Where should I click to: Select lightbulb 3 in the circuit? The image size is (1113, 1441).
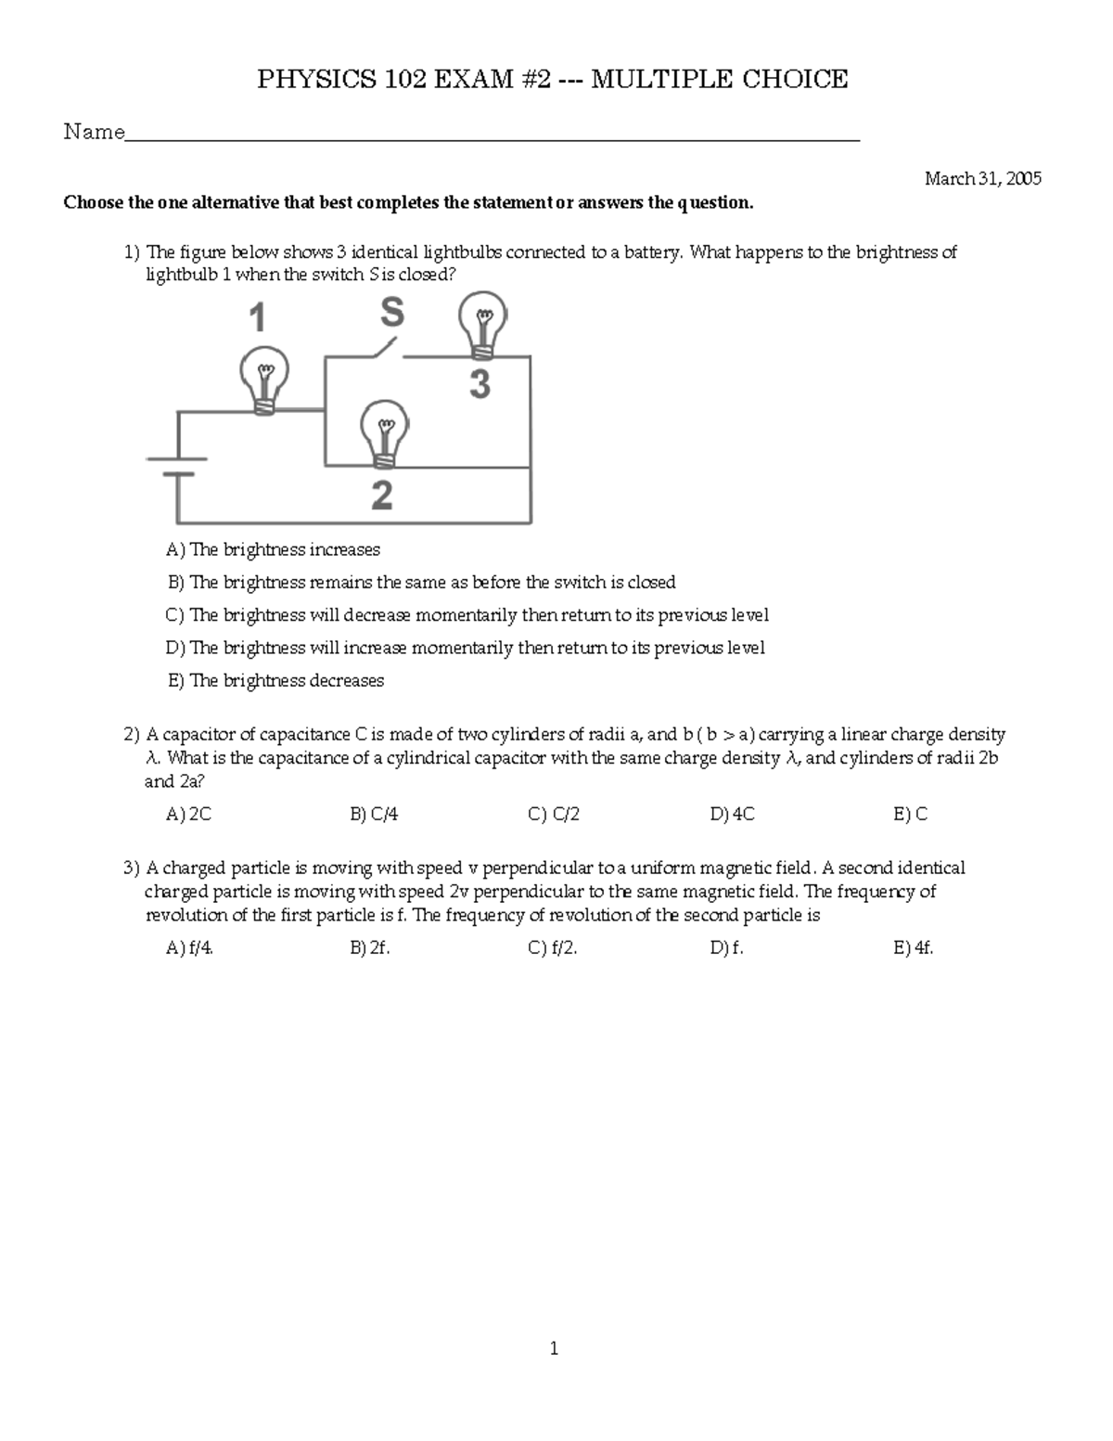click(482, 323)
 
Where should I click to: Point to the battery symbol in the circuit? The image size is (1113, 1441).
click(177, 466)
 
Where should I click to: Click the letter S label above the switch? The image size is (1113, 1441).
click(392, 314)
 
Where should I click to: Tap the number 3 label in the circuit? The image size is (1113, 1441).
click(480, 383)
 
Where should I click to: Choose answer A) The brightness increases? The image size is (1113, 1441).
click(273, 550)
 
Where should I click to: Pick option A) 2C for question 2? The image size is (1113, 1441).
click(189, 815)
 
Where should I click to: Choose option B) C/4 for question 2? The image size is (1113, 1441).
click(374, 815)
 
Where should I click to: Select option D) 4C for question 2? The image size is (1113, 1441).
click(732, 815)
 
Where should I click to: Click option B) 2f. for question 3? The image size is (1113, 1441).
click(369, 948)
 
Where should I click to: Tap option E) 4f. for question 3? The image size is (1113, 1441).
click(913, 948)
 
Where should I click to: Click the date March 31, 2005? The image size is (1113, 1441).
click(982, 179)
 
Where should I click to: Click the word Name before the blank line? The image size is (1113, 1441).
click(94, 133)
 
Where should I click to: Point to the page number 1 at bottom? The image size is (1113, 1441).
click(554, 1349)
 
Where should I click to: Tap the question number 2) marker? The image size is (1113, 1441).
click(131, 735)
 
